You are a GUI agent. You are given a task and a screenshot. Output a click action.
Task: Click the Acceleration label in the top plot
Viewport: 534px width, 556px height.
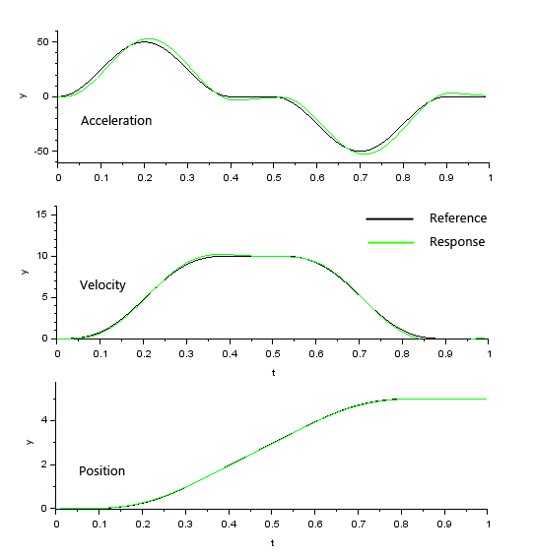pyautogui.click(x=116, y=121)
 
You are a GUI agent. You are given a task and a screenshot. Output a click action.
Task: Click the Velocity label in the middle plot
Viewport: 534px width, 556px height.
pyautogui.click(x=102, y=285)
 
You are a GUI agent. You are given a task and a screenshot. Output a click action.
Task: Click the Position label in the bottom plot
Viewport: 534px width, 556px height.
pyautogui.click(x=101, y=471)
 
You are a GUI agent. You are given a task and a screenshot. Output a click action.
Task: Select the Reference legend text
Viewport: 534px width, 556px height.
pyautogui.click(x=457, y=218)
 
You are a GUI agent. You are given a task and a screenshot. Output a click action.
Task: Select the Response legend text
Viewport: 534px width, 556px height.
pyautogui.click(x=456, y=242)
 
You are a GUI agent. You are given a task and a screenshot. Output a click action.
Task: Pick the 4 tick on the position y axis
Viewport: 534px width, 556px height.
pyautogui.click(x=46, y=420)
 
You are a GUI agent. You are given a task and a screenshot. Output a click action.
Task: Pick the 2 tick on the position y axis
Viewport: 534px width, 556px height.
pyautogui.click(x=46, y=464)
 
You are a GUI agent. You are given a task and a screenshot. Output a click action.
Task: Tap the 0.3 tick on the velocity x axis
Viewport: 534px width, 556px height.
pyautogui.click(x=187, y=352)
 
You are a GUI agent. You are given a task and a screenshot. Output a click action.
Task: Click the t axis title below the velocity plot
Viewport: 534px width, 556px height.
pyautogui.click(x=273, y=371)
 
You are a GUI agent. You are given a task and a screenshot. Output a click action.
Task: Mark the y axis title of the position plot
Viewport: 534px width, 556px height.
pyautogui.click(x=29, y=442)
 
